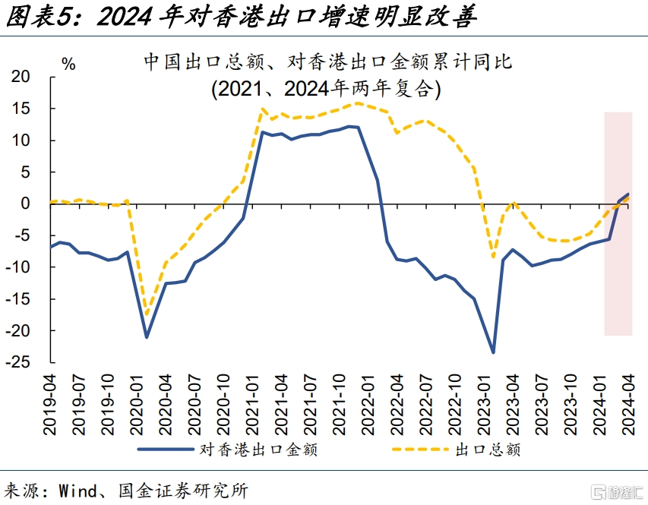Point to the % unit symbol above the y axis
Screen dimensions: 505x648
[68, 65]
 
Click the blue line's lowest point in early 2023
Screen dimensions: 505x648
[493, 352]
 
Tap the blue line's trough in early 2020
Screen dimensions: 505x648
[147, 337]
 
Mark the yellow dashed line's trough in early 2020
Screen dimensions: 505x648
[147, 314]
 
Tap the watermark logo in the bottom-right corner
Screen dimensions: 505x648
[617, 491]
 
